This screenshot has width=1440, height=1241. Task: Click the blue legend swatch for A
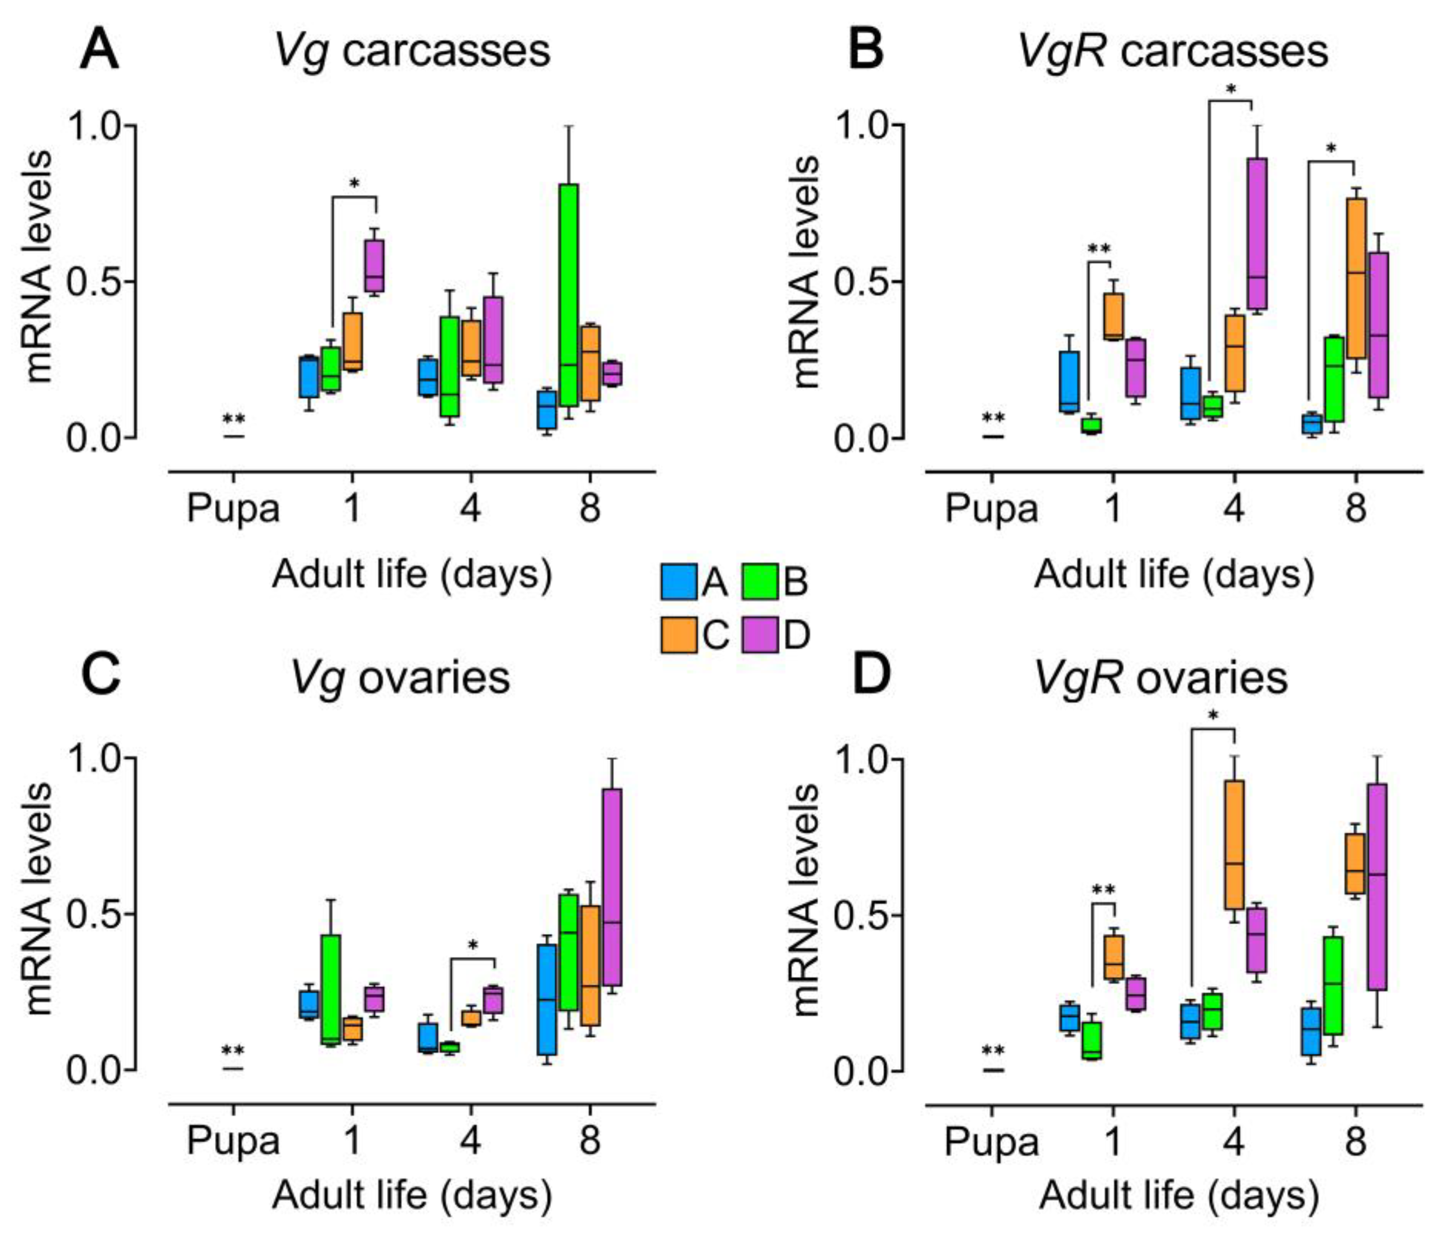tap(679, 581)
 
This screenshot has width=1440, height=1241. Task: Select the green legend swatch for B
tap(759, 581)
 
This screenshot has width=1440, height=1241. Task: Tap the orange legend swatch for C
tap(679, 635)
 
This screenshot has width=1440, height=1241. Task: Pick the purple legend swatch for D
tap(759, 635)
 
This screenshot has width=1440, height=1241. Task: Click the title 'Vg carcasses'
tap(412, 51)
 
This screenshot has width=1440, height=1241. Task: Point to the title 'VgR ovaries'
tap(1161, 678)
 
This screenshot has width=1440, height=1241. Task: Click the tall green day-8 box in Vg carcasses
tap(569, 295)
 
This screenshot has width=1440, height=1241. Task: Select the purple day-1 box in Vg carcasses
tap(375, 266)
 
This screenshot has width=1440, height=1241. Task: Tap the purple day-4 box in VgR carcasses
tap(1256, 233)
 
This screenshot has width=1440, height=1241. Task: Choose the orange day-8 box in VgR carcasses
tap(1356, 278)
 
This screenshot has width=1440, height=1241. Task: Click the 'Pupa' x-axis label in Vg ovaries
tap(233, 1142)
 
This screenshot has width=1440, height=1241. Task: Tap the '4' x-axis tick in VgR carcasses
tap(1234, 509)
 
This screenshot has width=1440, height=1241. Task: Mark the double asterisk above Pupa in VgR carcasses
tap(992, 418)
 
